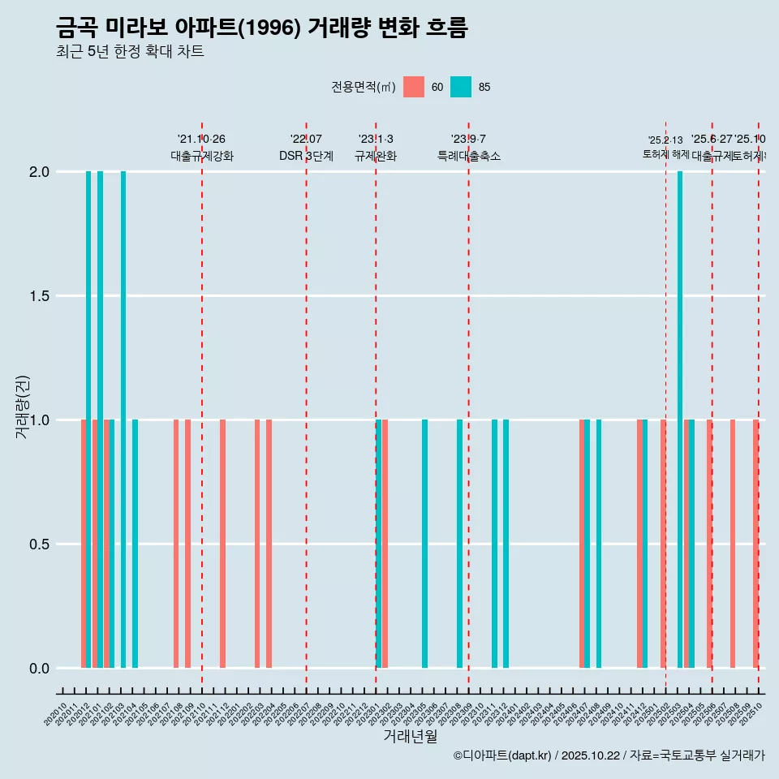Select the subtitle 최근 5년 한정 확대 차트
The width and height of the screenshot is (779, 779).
(130, 52)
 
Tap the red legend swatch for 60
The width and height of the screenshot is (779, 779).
(414, 87)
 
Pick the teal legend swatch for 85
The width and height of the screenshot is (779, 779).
(461, 87)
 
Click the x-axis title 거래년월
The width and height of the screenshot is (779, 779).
(410, 737)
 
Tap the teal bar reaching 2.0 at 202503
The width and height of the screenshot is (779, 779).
(680, 420)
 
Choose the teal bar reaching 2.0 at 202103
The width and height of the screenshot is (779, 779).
(123, 420)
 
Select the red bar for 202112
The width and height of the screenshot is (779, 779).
(222, 544)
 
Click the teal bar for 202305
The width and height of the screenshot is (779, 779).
(424, 544)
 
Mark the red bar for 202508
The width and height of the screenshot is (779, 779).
(733, 544)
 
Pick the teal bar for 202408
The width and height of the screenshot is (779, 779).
(599, 544)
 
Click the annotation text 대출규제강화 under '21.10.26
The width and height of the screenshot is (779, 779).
(202, 156)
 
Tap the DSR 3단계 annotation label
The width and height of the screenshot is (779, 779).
(306, 156)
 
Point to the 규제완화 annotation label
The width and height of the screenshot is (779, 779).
(376, 156)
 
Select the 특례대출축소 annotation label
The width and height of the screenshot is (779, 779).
(469, 156)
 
